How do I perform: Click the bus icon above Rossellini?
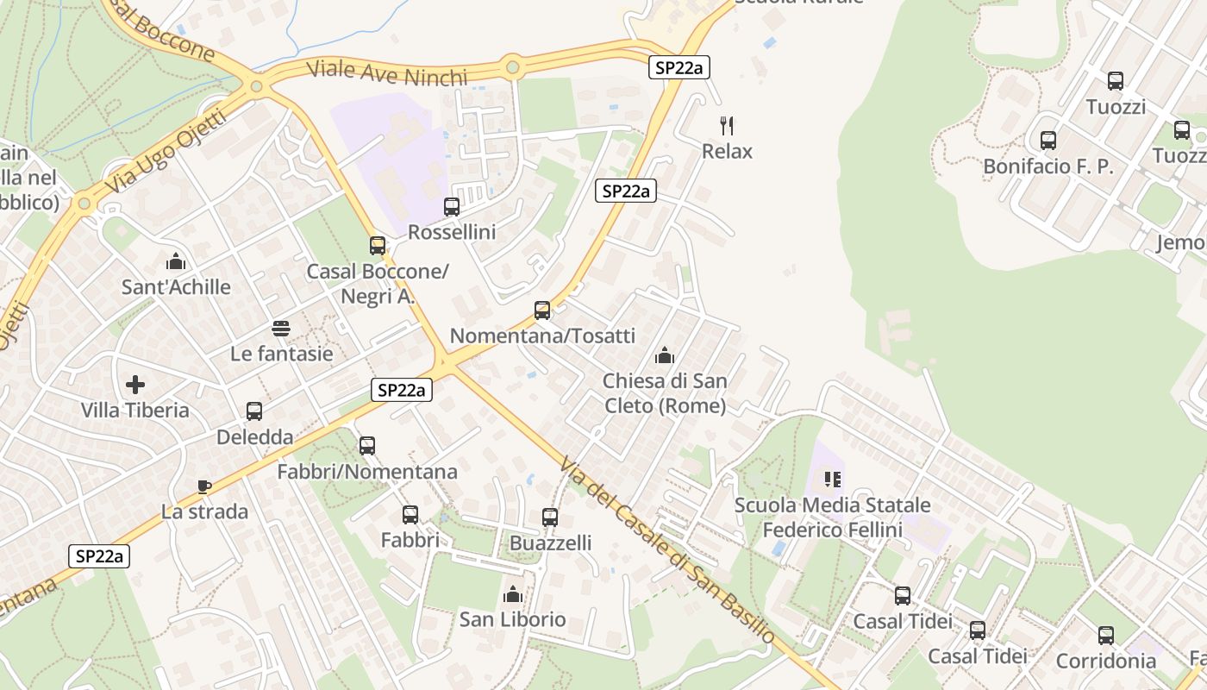451,207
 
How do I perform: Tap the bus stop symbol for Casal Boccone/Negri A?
377,246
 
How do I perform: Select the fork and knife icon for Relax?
727,126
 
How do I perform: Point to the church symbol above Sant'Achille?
176,260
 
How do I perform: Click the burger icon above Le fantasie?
281,328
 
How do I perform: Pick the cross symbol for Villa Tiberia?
135,384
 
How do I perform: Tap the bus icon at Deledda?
253,411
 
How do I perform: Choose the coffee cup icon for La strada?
204,486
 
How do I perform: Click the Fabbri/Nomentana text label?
367,472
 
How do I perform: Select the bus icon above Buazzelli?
550,517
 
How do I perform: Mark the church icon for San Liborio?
512,594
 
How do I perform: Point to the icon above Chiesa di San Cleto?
664,355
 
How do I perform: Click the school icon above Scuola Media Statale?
832,479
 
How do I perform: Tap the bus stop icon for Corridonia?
1106,636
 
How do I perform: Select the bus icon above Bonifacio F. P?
1048,141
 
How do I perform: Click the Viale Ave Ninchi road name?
387,73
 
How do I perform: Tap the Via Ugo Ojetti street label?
165,153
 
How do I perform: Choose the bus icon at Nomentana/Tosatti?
542,310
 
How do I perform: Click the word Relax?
727,152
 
